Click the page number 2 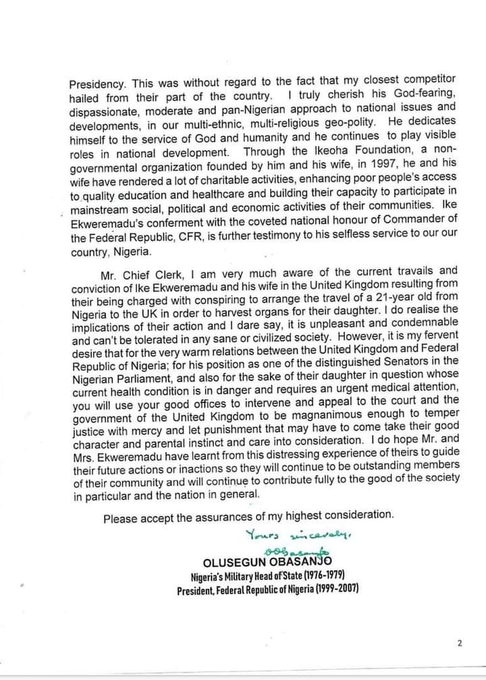[459, 643]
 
